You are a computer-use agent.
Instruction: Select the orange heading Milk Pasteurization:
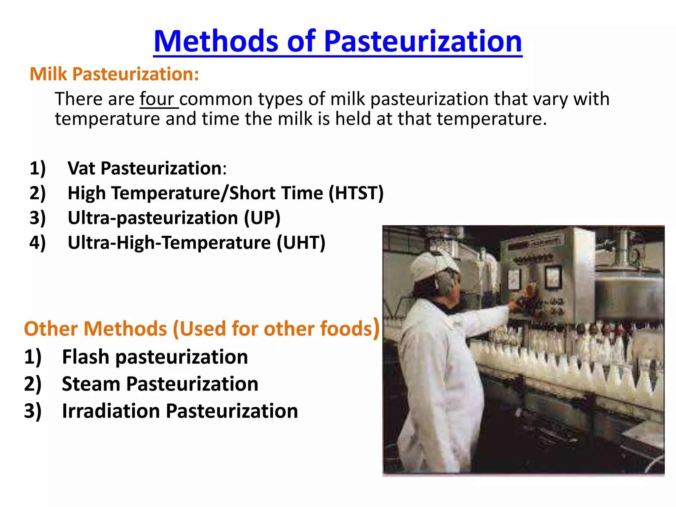coord(114,74)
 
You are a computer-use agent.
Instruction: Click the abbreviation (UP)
coord(262,218)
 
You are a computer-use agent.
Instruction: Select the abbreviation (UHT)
coord(301,243)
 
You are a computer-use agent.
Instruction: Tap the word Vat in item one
coord(81,168)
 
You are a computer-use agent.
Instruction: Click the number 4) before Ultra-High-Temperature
coord(37,243)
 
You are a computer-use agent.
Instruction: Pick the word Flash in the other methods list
coord(85,357)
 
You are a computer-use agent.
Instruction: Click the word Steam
coord(91,384)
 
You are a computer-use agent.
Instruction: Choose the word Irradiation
coord(111,411)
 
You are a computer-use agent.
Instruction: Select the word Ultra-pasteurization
coord(152,218)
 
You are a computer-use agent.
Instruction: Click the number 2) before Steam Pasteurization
coord(33,384)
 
